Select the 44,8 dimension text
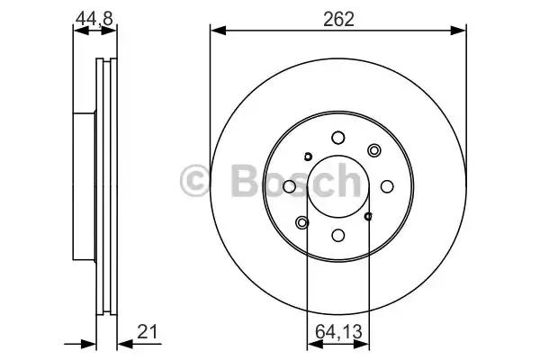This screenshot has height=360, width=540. [94, 18]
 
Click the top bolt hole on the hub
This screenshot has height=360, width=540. [338, 138]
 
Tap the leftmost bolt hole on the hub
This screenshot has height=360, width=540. [290, 186]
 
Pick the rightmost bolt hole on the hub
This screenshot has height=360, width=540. [387, 186]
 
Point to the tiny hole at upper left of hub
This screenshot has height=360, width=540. [307, 157]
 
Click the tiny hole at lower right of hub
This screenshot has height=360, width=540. [369, 216]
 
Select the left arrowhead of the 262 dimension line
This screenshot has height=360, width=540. [216, 31]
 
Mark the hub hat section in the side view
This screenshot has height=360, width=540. [84, 186]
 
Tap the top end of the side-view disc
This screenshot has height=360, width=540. [106, 63]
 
